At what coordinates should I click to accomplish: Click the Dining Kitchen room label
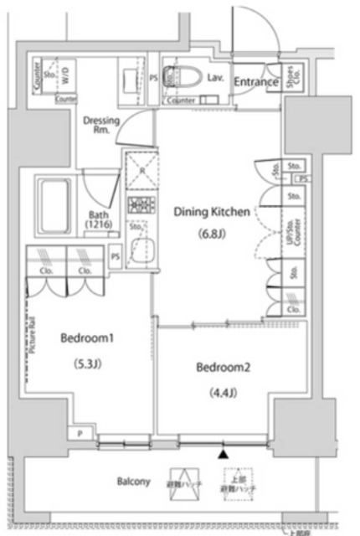(211, 213)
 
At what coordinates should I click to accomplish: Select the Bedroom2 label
(224, 367)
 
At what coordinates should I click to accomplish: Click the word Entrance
(255, 82)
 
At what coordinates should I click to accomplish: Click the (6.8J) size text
(211, 234)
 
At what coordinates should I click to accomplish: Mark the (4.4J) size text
(224, 390)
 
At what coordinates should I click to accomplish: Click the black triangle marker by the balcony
(223, 454)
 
